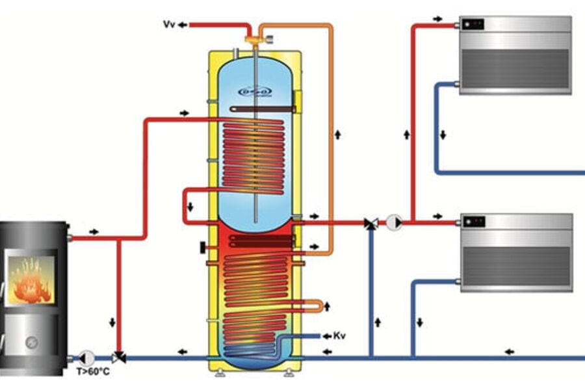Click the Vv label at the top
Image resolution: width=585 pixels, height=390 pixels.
(x=168, y=24)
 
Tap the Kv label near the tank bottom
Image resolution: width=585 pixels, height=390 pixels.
(x=338, y=336)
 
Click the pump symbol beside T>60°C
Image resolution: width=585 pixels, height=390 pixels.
(x=86, y=357)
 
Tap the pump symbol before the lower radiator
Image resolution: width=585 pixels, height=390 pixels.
(x=394, y=223)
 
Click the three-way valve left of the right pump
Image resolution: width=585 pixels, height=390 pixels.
(x=371, y=224)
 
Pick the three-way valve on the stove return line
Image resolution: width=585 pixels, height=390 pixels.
(x=119, y=357)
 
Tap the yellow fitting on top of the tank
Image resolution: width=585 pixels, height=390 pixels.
(x=252, y=40)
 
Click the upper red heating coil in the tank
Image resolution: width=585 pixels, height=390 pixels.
(x=253, y=156)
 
